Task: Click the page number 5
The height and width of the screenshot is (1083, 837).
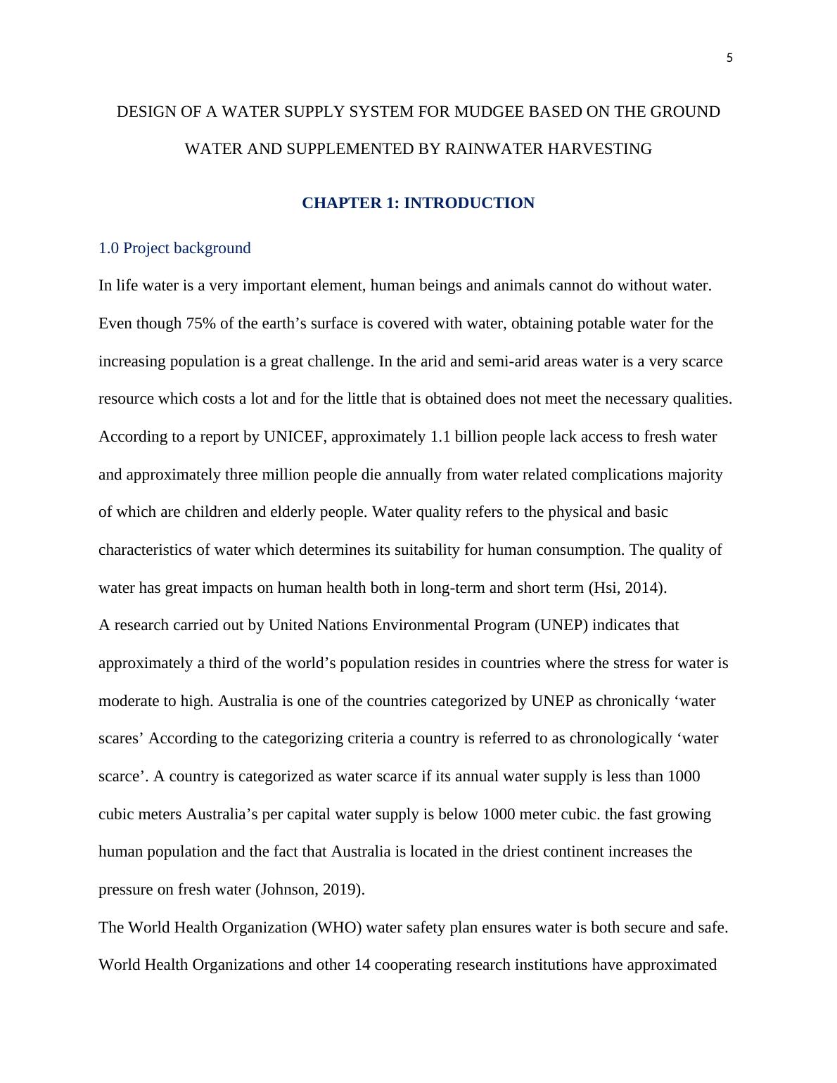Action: [729, 58]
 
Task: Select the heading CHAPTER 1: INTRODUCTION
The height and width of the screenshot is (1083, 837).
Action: [418, 203]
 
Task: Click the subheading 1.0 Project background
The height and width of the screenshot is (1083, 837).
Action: [174, 248]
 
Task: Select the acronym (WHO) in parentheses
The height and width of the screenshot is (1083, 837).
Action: [337, 928]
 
